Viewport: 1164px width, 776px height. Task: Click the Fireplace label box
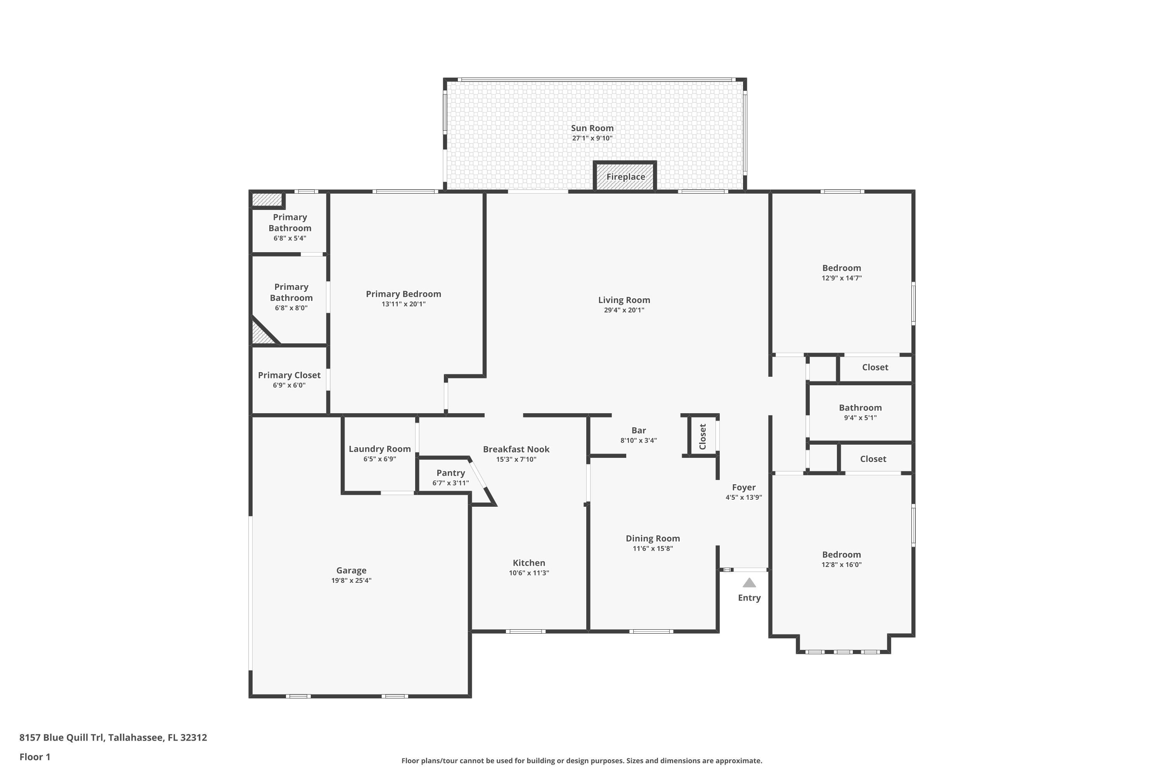tap(625, 177)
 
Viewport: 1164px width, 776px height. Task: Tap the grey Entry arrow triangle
tap(749, 583)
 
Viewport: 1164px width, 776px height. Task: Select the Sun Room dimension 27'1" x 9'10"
tap(592, 138)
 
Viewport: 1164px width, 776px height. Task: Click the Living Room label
tap(624, 300)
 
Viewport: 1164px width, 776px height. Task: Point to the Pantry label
tap(450, 473)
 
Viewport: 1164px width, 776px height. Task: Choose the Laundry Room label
tap(379, 449)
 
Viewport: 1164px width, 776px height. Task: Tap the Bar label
tap(638, 431)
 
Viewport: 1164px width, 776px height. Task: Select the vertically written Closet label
tap(702, 436)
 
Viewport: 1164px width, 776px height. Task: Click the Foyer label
tap(743, 487)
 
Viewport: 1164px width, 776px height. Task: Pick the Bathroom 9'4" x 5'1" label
tap(860, 408)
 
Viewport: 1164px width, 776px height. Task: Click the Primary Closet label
tap(289, 375)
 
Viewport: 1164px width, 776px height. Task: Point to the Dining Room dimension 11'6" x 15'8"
tap(652, 548)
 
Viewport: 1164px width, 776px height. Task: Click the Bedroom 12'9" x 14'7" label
tap(841, 268)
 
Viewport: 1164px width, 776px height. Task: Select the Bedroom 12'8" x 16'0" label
tap(841, 555)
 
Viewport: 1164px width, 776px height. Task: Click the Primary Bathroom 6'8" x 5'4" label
tap(289, 223)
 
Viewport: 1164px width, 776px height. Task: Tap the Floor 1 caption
tap(35, 757)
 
